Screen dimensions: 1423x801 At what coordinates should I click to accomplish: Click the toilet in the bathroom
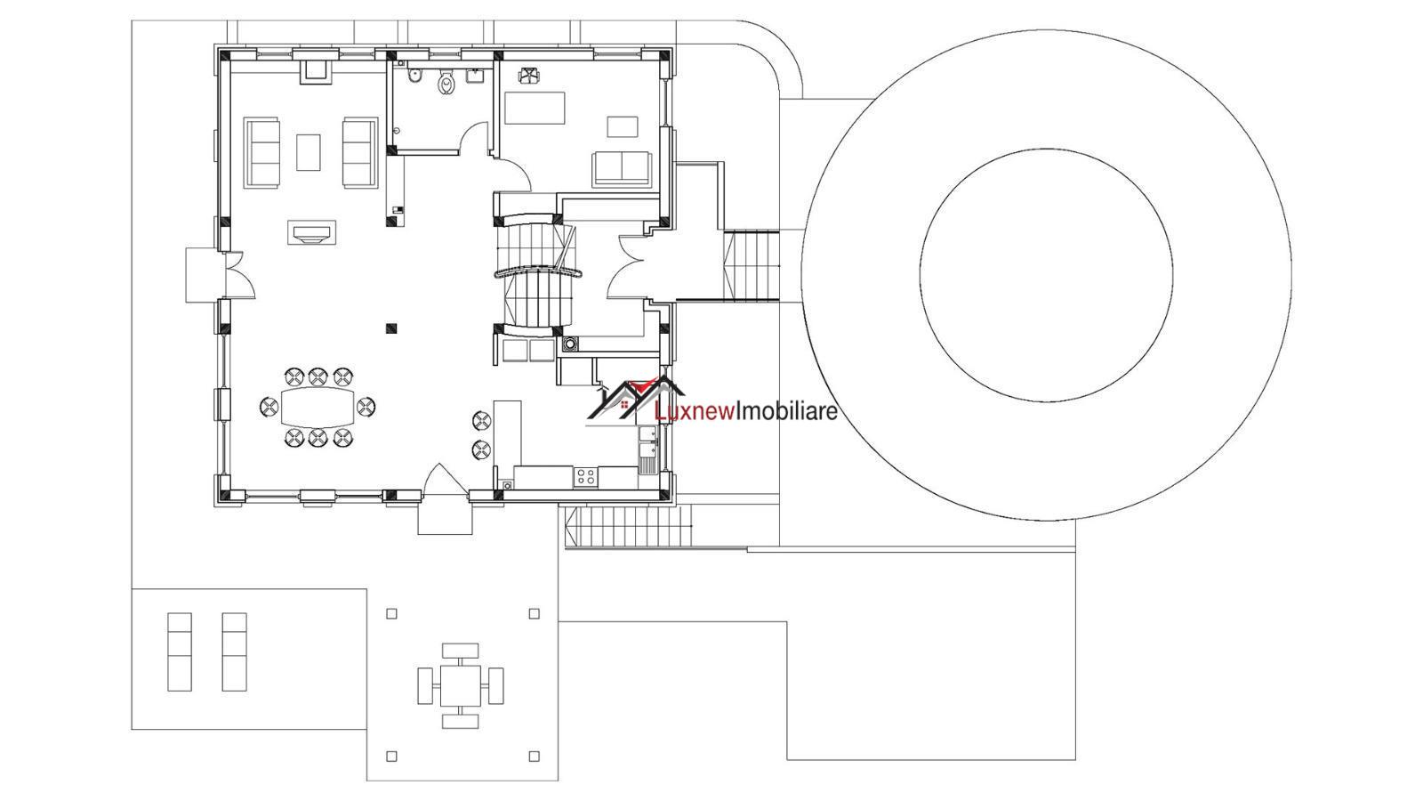point(447,83)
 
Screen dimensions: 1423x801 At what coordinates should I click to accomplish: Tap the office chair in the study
point(528,75)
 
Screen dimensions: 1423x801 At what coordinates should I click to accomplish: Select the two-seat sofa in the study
point(622,169)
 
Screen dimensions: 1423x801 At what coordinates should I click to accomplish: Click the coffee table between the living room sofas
point(308,152)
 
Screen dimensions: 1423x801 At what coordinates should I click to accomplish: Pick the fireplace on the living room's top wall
point(316,71)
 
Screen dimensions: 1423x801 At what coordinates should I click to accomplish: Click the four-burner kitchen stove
point(586,477)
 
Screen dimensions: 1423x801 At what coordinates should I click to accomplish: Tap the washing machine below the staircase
point(570,344)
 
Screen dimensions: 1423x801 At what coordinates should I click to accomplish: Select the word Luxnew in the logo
point(695,412)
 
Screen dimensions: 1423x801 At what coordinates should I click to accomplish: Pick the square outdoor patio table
point(460,686)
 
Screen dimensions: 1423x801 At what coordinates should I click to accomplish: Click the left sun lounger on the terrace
point(180,651)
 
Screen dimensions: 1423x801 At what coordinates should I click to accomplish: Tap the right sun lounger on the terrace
point(235,651)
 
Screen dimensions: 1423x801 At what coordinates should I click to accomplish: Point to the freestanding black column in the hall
point(391,328)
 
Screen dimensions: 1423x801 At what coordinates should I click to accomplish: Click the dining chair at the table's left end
point(269,407)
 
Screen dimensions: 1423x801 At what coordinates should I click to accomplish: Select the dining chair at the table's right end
point(366,407)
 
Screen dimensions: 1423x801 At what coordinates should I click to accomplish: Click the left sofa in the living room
point(261,152)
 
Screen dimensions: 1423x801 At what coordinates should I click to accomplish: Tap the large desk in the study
point(535,108)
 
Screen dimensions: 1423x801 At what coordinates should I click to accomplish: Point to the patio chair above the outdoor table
point(460,651)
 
